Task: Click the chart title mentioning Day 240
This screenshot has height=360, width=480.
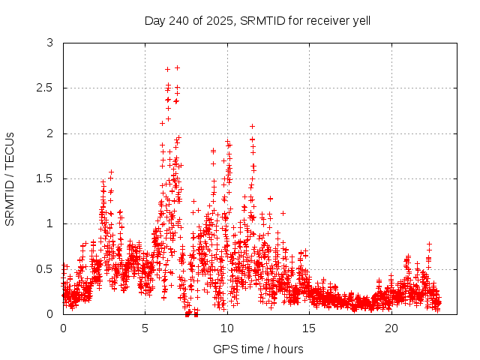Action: (x=257, y=20)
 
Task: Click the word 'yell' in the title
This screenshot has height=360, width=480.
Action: (x=359, y=20)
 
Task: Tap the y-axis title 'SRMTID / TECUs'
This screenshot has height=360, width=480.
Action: (x=10, y=178)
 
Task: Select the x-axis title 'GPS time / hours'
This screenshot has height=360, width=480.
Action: (x=257, y=349)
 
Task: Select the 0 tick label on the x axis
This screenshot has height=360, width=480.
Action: (x=63, y=328)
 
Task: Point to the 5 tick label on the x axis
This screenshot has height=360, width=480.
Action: (x=145, y=328)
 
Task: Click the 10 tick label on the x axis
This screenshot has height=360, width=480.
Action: (x=227, y=328)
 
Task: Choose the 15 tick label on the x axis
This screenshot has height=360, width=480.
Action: (x=309, y=328)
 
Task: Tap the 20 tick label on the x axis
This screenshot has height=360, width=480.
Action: (x=391, y=328)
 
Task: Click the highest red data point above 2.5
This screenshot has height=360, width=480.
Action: (x=177, y=67)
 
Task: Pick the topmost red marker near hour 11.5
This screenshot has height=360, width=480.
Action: (x=252, y=126)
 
